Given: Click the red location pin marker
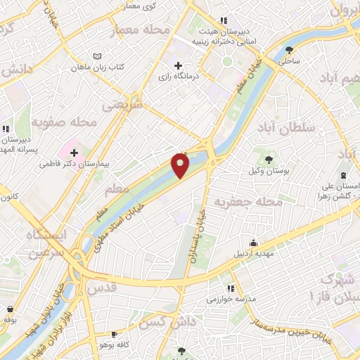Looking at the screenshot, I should coord(181,166).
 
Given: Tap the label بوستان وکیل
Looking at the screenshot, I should coord(265,171).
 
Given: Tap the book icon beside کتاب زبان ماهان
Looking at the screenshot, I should coord(97,56).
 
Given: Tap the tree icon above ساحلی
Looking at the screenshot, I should coord(290,49).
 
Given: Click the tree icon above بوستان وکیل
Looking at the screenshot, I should coord(267,158).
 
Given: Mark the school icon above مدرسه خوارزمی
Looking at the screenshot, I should coord(230,288).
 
